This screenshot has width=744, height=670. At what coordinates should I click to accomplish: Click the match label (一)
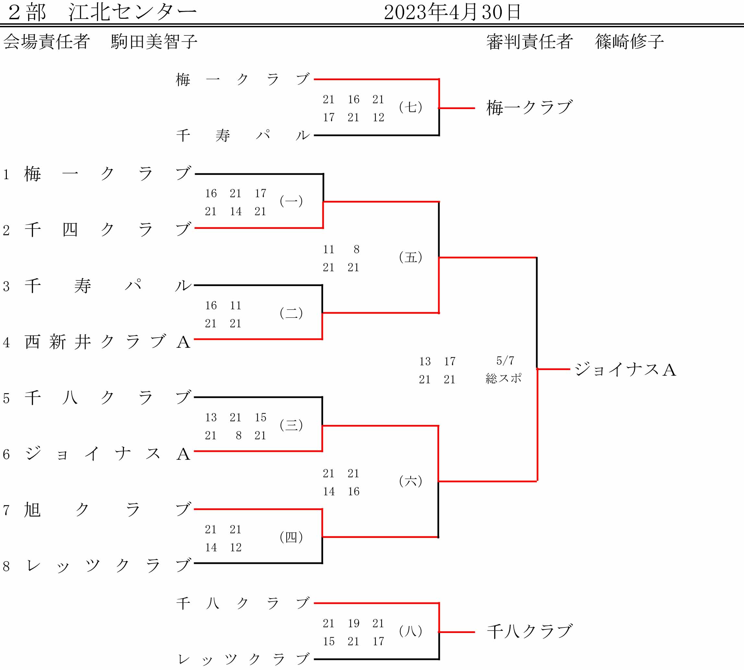pyautogui.click(x=291, y=201)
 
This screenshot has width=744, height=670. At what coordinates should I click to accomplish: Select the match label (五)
pyautogui.click(x=410, y=257)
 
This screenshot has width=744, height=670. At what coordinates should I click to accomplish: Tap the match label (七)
pyautogui.click(x=410, y=107)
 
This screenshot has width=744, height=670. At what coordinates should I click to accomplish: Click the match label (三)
pyautogui.click(x=291, y=425)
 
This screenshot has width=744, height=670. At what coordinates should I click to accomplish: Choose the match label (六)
pyautogui.click(x=410, y=481)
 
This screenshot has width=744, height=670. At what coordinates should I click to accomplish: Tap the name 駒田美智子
pyautogui.click(x=154, y=42)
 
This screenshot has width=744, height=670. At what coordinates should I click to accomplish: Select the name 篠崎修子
pyautogui.click(x=630, y=42)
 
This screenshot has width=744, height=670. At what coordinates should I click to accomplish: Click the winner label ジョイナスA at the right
pyautogui.click(x=625, y=370)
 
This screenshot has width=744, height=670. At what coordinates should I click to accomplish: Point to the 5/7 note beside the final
pyautogui.click(x=505, y=361)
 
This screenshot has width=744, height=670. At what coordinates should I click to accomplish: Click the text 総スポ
pyautogui.click(x=503, y=378)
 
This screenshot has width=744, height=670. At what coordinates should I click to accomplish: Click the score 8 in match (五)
pyautogui.click(x=356, y=250)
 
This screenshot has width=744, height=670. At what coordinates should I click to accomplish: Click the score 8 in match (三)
pyautogui.click(x=239, y=436)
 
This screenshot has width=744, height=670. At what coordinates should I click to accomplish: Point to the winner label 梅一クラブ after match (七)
pyautogui.click(x=530, y=108)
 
